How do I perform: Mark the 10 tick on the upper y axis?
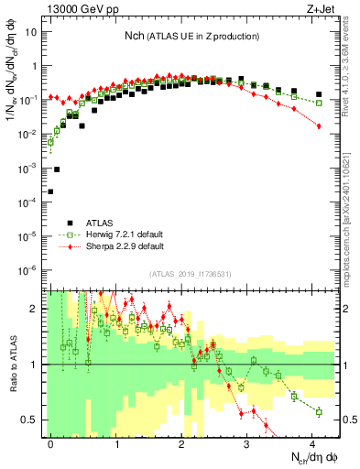pyautogui.click(x=33, y=31)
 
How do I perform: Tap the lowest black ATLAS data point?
pyautogui.click(x=50, y=191)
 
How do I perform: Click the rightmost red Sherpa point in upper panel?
pyautogui.click(x=319, y=126)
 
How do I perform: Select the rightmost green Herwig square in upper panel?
pyautogui.click(x=319, y=103)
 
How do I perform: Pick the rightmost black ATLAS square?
pyautogui.click(x=319, y=94)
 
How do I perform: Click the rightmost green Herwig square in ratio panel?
pyautogui.click(x=319, y=412)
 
